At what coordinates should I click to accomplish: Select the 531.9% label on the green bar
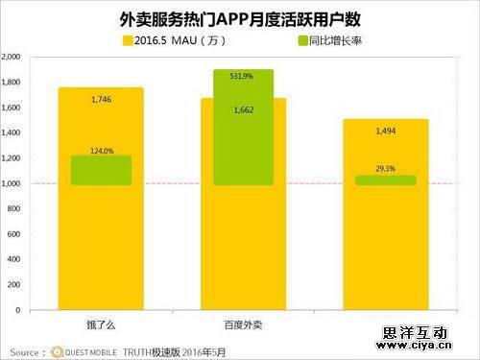pos(244,76)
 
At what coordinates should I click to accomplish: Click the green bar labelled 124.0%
pos(101,170)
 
